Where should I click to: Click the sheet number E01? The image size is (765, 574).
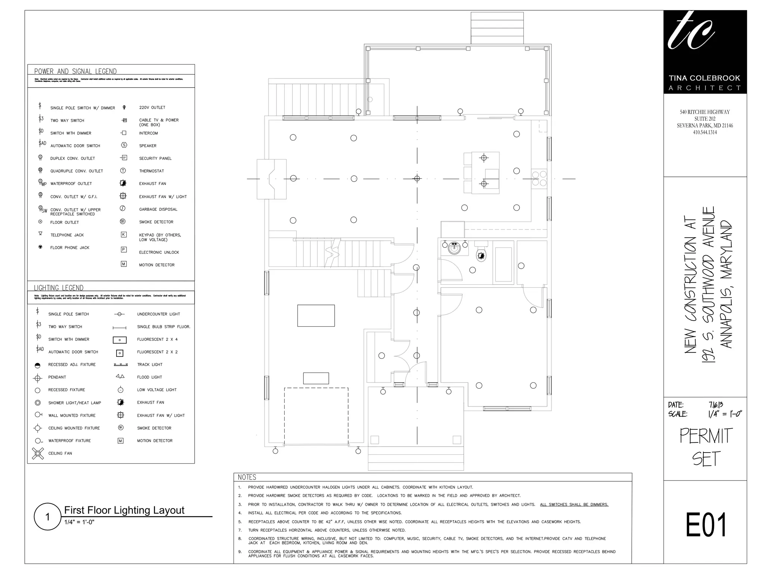pyautogui.click(x=705, y=525)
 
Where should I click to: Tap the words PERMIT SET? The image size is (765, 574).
pyautogui.click(x=706, y=447)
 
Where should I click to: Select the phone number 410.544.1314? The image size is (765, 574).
pyautogui.click(x=705, y=132)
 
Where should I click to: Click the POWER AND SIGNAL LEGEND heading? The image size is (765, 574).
pyautogui.click(x=75, y=71)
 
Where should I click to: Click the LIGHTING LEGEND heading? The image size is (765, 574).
pyautogui.click(x=59, y=288)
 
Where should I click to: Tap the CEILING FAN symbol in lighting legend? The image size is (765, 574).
pyautogui.click(x=38, y=453)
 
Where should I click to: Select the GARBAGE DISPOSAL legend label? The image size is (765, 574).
pyautogui.click(x=158, y=209)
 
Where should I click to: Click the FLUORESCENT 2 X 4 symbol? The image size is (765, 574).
pyautogui.click(x=120, y=340)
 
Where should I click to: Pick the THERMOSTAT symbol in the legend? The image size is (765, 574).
pyautogui.click(x=123, y=171)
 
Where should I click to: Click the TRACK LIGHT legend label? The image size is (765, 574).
pyautogui.click(x=149, y=364)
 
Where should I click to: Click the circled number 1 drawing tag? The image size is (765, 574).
pyautogui.click(x=47, y=517)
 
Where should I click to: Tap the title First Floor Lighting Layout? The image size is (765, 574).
pyautogui.click(x=124, y=510)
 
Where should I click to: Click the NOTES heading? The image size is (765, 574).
pyautogui.click(x=247, y=477)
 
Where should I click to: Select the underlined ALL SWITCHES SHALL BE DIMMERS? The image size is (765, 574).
pyautogui.click(x=574, y=504)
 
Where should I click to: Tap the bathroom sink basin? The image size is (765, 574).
pyautogui.click(x=454, y=248)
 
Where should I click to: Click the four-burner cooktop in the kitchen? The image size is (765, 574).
pyautogui.click(x=539, y=178)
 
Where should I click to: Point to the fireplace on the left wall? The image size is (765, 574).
pyautogui.click(x=272, y=179)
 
